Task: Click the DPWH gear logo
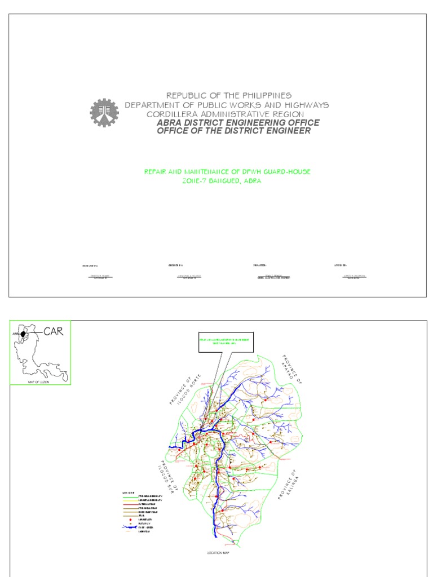(x=104, y=113)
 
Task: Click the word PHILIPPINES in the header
(x=263, y=96)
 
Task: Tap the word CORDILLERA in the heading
(x=174, y=114)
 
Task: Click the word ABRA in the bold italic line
(x=170, y=122)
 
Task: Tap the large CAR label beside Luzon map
(x=55, y=331)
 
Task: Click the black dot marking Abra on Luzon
(x=24, y=334)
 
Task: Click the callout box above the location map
(x=226, y=342)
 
